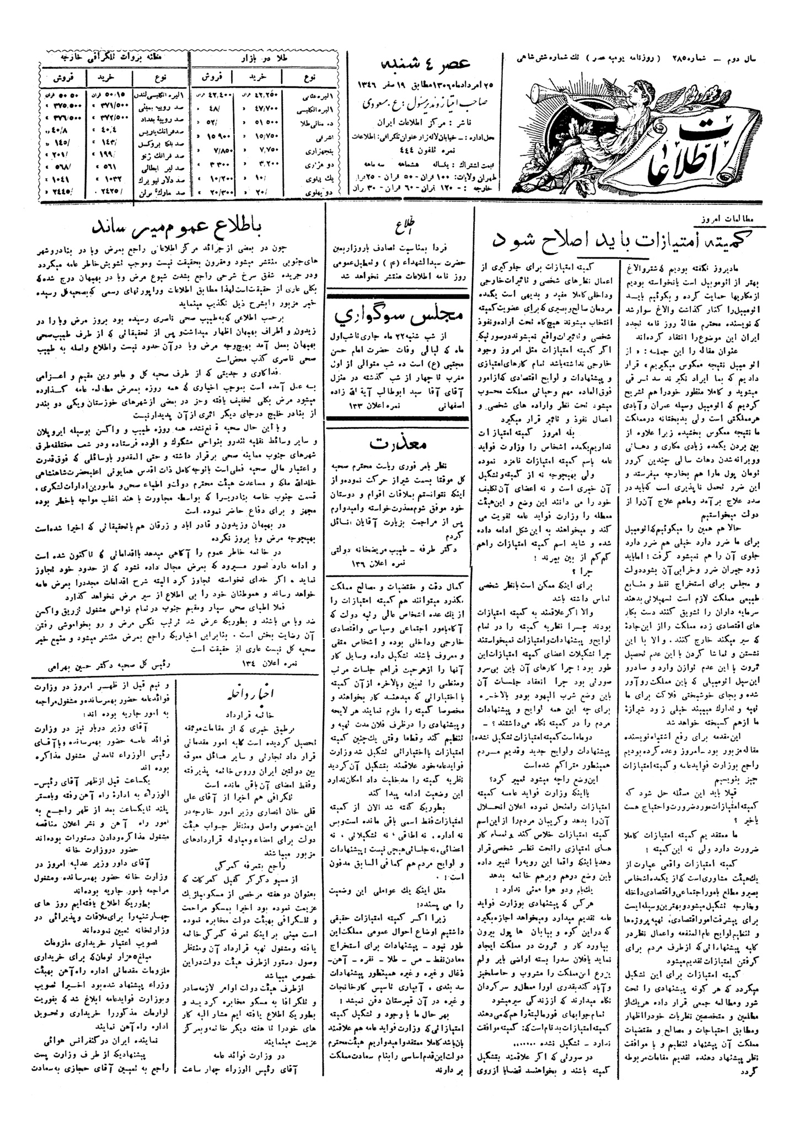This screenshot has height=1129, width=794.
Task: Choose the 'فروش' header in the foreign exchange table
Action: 61,73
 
